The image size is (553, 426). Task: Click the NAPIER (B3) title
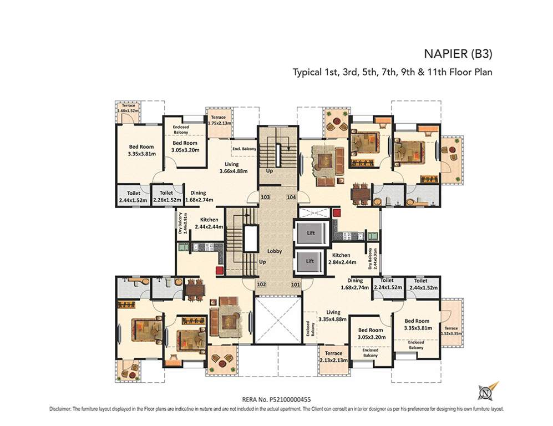click(458, 54)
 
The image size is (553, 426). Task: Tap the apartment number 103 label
click(265, 197)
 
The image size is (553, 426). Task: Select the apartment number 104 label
click(291, 197)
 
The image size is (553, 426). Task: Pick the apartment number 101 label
click(295, 285)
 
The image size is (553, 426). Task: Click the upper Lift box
click(311, 232)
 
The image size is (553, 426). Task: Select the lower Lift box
click(311, 261)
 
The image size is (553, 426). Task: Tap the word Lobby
click(275, 251)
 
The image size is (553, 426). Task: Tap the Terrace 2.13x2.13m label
click(333, 357)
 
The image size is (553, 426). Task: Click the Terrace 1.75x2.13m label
click(218, 120)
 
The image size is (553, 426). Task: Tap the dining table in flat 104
click(360, 193)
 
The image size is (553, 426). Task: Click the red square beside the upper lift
click(336, 212)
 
